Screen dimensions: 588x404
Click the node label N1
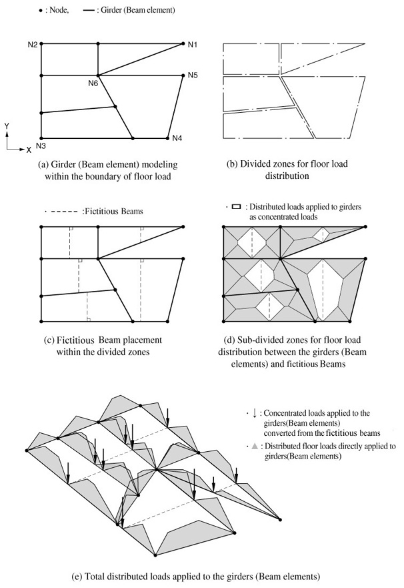[193, 45]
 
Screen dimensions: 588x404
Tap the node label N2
[33, 45]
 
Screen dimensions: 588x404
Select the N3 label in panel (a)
[40, 146]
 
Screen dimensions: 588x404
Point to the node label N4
[177, 138]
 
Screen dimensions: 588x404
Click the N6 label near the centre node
[93, 83]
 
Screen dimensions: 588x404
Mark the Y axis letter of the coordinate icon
[6, 125]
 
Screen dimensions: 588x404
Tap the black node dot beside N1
[183, 44]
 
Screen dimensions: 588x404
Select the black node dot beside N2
[41, 44]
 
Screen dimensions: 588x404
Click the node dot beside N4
[167, 138]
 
